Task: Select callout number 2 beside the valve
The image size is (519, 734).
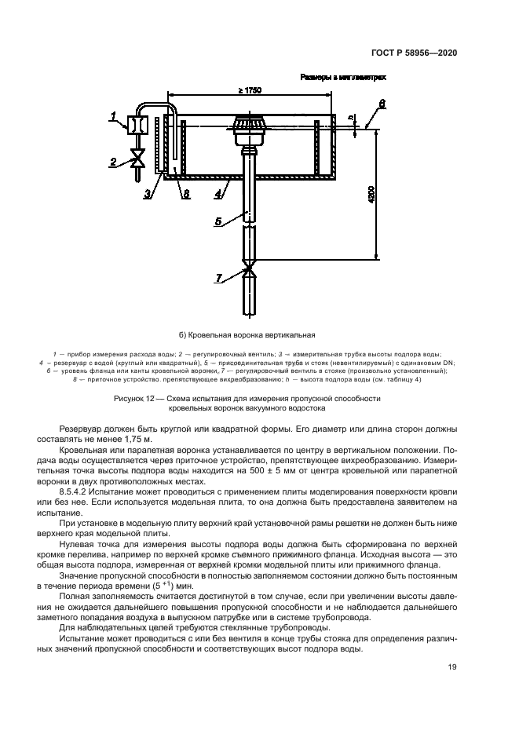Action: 113,163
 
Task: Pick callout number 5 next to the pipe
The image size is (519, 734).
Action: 219,222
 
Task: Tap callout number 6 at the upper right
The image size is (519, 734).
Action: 382,103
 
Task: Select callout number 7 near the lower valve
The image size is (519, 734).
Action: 220,276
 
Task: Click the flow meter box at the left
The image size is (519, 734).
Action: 137,125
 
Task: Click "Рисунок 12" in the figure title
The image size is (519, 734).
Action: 137,399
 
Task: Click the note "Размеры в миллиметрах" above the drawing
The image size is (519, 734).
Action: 343,78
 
